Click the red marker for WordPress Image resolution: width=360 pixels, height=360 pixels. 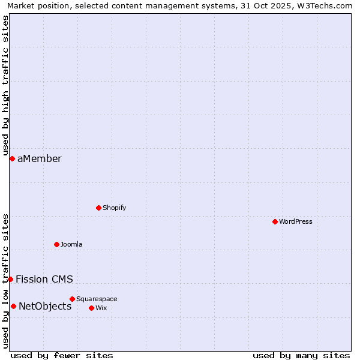(x=275, y=221)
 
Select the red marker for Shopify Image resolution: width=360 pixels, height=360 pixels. (x=98, y=208)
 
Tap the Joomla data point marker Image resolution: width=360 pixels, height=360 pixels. (x=56, y=244)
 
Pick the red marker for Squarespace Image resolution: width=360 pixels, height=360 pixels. (x=72, y=299)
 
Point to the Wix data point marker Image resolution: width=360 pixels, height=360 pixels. (x=91, y=308)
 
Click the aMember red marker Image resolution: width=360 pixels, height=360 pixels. (x=12, y=158)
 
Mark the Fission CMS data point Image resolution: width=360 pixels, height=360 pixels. (x=10, y=279)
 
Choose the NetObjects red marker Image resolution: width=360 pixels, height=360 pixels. (x=13, y=306)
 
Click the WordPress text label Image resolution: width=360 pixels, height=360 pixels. (x=295, y=221)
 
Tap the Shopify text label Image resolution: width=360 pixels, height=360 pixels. (x=114, y=208)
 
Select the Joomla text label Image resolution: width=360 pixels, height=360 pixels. (x=71, y=244)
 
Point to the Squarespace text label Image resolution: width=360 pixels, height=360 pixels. (x=97, y=299)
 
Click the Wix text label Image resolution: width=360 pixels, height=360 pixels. (x=101, y=308)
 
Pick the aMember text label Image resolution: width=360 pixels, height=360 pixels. (x=39, y=158)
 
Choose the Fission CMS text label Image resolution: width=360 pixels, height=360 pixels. (x=44, y=279)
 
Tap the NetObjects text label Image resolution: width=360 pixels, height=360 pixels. (x=45, y=306)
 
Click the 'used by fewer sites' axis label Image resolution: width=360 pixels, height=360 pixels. (x=62, y=355)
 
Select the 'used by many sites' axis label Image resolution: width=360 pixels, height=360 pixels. (x=301, y=355)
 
